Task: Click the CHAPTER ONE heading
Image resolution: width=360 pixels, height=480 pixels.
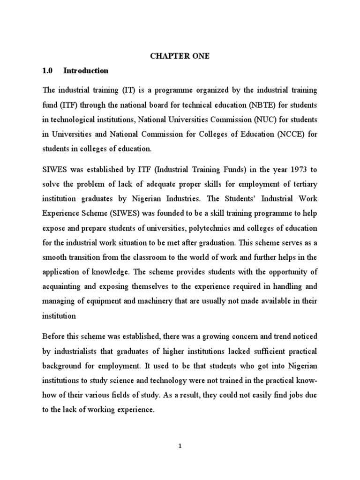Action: pyautogui.click(x=180, y=56)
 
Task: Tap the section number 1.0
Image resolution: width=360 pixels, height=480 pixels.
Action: pyautogui.click(x=49, y=71)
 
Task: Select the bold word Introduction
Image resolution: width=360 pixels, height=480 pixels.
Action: pyautogui.click(x=86, y=71)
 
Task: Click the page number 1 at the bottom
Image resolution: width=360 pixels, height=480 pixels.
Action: pyautogui.click(x=180, y=446)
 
